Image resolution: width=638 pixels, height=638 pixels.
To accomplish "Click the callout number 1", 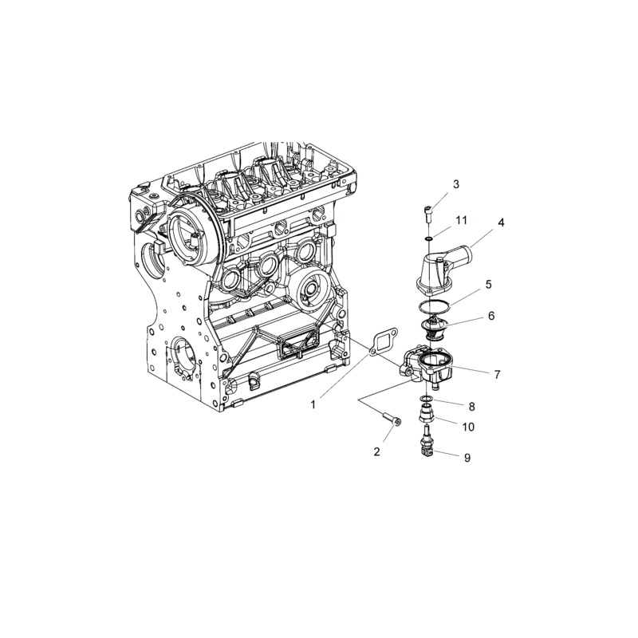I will pos(313,404).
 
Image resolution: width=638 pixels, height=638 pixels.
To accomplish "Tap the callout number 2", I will pos(377,451).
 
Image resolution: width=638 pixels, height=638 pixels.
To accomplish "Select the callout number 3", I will pos(456,184).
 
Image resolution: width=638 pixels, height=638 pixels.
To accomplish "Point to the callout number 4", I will pos(501,223).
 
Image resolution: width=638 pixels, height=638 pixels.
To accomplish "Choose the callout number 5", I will pos(488,283).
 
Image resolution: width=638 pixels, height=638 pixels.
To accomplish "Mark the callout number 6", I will pos(491,316).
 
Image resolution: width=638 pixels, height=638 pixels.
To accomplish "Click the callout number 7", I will pos(497,373).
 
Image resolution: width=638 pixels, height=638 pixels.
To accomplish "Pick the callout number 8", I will pos(471,406).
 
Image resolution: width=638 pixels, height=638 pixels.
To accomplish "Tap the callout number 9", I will pos(467,457).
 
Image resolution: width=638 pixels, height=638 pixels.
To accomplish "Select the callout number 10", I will pos(468,427).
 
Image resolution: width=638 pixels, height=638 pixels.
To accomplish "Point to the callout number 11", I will pos(461,219).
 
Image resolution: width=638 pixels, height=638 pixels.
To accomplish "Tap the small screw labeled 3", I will pos(428,212).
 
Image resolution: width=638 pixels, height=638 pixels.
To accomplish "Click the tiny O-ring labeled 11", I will pos(429,237).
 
